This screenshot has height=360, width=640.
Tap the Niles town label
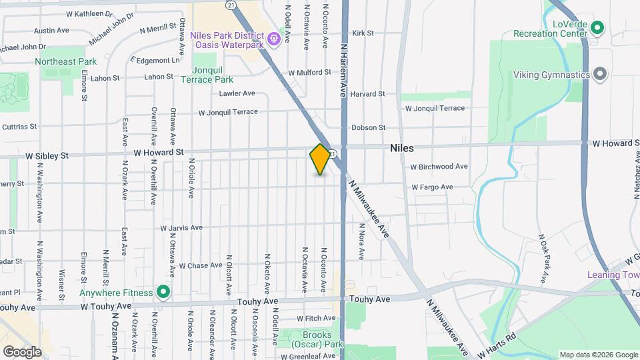(x=402, y=148)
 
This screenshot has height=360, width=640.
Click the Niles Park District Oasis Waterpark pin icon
(x=273, y=40)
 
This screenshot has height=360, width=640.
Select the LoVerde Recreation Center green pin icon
(x=597, y=28)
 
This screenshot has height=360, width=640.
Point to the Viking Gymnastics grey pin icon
(x=600, y=74)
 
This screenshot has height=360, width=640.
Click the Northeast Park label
(x=66, y=61)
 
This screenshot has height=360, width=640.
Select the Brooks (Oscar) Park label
(x=317, y=340)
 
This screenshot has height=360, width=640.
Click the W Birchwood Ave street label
(x=439, y=167)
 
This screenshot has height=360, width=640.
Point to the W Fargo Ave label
(x=432, y=187)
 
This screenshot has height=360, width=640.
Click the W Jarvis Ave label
(x=181, y=228)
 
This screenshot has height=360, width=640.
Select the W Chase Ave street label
(x=200, y=265)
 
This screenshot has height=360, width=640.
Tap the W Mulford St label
(x=309, y=73)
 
